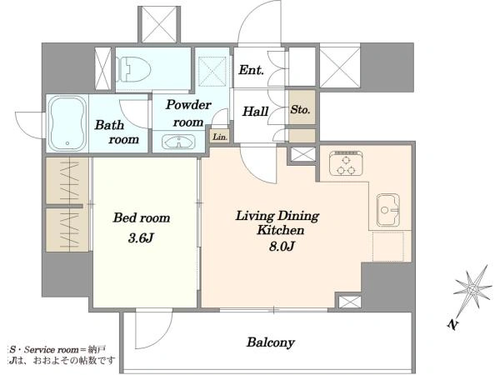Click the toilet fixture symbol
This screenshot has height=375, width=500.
click(133, 69)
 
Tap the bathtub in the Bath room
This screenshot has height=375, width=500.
click(67, 122)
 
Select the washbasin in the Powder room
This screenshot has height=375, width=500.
click(178, 142)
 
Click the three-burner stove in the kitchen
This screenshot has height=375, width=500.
click(347, 163)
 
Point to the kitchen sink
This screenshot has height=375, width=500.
click(387, 209)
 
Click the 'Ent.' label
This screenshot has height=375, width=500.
click(252, 70)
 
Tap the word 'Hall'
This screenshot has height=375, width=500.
click(256, 112)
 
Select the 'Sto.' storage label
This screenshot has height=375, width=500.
click(300, 110)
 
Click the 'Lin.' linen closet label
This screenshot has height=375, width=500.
click(220, 137)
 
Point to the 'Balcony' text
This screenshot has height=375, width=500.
click(270, 342)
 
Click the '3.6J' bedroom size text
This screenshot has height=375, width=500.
click(141, 237)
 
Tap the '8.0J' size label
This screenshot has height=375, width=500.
click(281, 246)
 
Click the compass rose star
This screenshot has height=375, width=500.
click(472, 289)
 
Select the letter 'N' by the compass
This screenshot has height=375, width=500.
click(452, 325)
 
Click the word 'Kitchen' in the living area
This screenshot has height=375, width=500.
click(281, 230)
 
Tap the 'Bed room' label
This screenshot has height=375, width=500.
click(142, 217)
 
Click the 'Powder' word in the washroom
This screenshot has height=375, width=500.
click(188, 105)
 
